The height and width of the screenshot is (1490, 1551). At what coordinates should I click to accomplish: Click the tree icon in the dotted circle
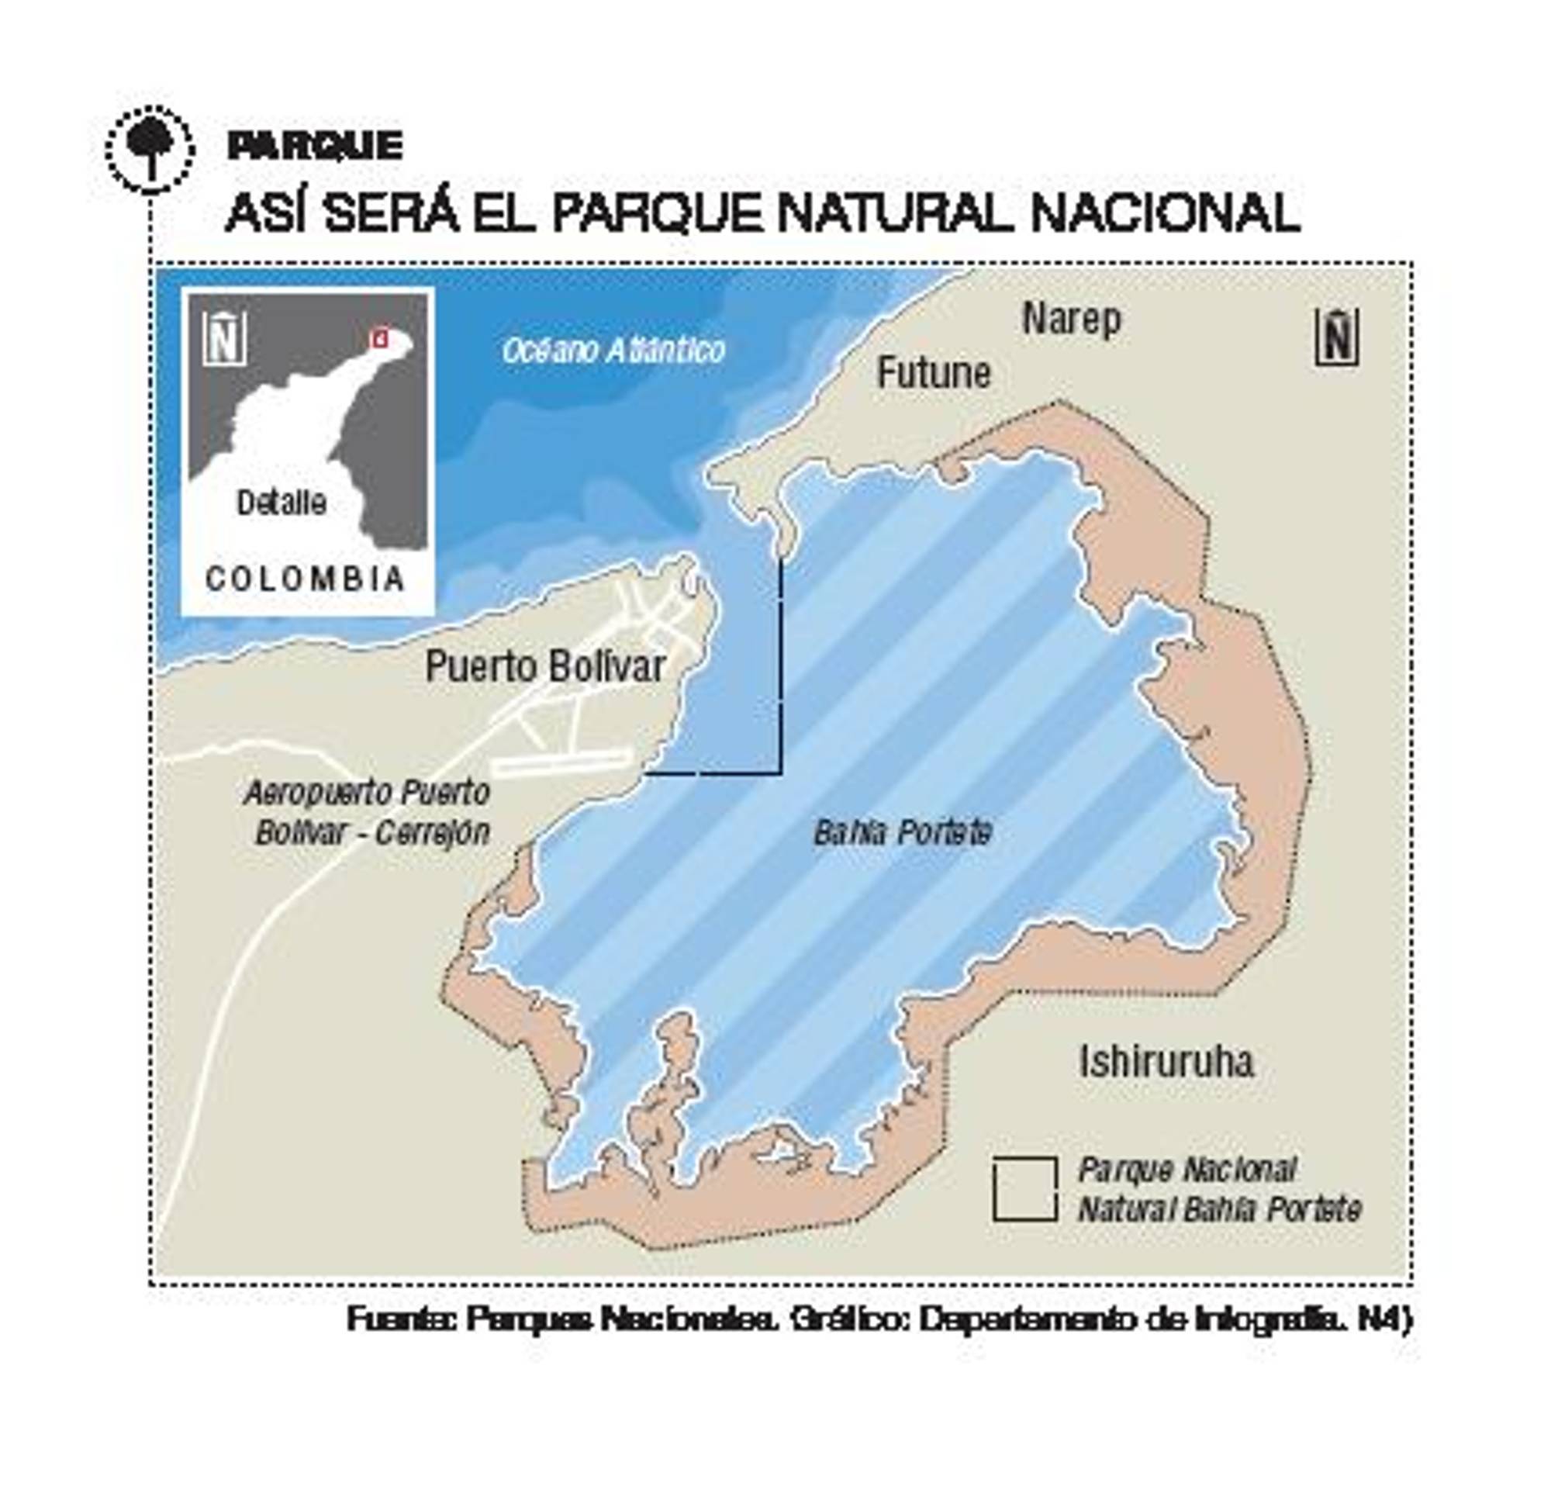150,148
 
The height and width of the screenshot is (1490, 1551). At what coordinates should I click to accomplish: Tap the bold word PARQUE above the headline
315,146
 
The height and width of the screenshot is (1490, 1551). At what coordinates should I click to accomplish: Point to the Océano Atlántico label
613,350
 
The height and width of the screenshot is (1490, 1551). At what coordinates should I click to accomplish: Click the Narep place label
1072,320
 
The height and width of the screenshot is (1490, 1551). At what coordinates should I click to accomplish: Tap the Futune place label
934,374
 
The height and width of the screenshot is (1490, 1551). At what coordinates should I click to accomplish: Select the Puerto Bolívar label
545,666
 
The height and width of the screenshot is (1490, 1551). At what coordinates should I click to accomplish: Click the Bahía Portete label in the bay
902,832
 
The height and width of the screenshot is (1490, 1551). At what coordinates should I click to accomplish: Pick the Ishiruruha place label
1166,1061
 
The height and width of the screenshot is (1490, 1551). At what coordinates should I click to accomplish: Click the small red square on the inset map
380,339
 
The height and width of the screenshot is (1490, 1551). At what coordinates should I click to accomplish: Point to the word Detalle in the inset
282,503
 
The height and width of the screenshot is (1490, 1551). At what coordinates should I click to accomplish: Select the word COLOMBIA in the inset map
306,579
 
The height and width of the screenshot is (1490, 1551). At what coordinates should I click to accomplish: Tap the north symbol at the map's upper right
1336,337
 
